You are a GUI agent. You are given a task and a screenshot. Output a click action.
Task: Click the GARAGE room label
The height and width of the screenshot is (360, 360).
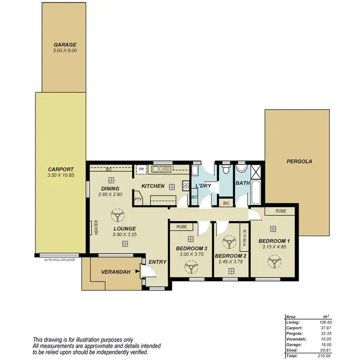tap(64, 44)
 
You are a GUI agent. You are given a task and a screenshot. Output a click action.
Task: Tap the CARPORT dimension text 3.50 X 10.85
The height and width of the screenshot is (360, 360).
tap(60, 176)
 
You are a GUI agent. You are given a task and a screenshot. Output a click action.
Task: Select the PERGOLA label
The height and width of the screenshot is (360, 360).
tap(300, 162)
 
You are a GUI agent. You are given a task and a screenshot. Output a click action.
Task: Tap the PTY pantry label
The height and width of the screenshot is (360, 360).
tap(138, 199)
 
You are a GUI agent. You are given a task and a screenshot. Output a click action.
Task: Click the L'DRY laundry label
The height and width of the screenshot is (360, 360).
tap(204, 185)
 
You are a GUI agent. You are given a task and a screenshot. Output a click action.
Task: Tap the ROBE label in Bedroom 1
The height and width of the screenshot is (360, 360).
tap(281, 211)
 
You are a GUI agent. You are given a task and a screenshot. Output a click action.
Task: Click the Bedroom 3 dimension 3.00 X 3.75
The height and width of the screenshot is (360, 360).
tap(191, 254)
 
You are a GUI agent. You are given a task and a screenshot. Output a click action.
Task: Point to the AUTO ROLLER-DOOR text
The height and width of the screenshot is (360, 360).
tap(59, 260)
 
